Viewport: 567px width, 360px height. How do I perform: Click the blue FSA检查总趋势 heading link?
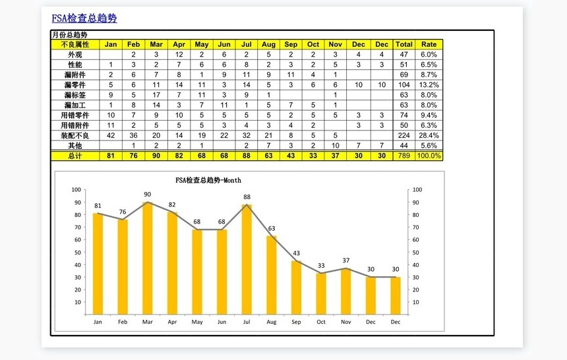(x=84, y=18)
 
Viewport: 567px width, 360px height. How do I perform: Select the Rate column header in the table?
(x=429, y=44)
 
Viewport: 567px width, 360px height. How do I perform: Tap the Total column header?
(x=404, y=44)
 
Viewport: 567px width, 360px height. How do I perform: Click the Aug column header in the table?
(x=269, y=44)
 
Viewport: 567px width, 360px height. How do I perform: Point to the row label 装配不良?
(x=75, y=135)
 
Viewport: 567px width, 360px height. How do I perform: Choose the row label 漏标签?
(x=75, y=95)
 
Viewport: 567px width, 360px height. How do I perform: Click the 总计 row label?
(x=75, y=156)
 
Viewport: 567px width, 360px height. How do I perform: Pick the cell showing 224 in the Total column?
(x=404, y=135)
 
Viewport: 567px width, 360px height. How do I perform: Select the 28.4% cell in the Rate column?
(x=429, y=135)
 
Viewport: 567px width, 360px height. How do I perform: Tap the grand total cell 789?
(x=404, y=156)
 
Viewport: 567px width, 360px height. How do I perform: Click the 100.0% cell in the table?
(x=429, y=156)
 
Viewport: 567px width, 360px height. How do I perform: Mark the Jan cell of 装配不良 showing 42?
(x=111, y=135)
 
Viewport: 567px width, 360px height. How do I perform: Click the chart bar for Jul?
(x=247, y=260)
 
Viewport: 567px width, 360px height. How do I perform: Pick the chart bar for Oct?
(x=321, y=294)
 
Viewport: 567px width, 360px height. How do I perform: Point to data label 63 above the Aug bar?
(x=272, y=229)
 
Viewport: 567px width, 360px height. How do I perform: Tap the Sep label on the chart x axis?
(x=296, y=322)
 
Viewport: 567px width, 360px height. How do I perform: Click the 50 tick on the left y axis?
(x=77, y=252)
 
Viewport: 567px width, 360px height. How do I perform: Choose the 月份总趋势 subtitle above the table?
(x=70, y=34)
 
